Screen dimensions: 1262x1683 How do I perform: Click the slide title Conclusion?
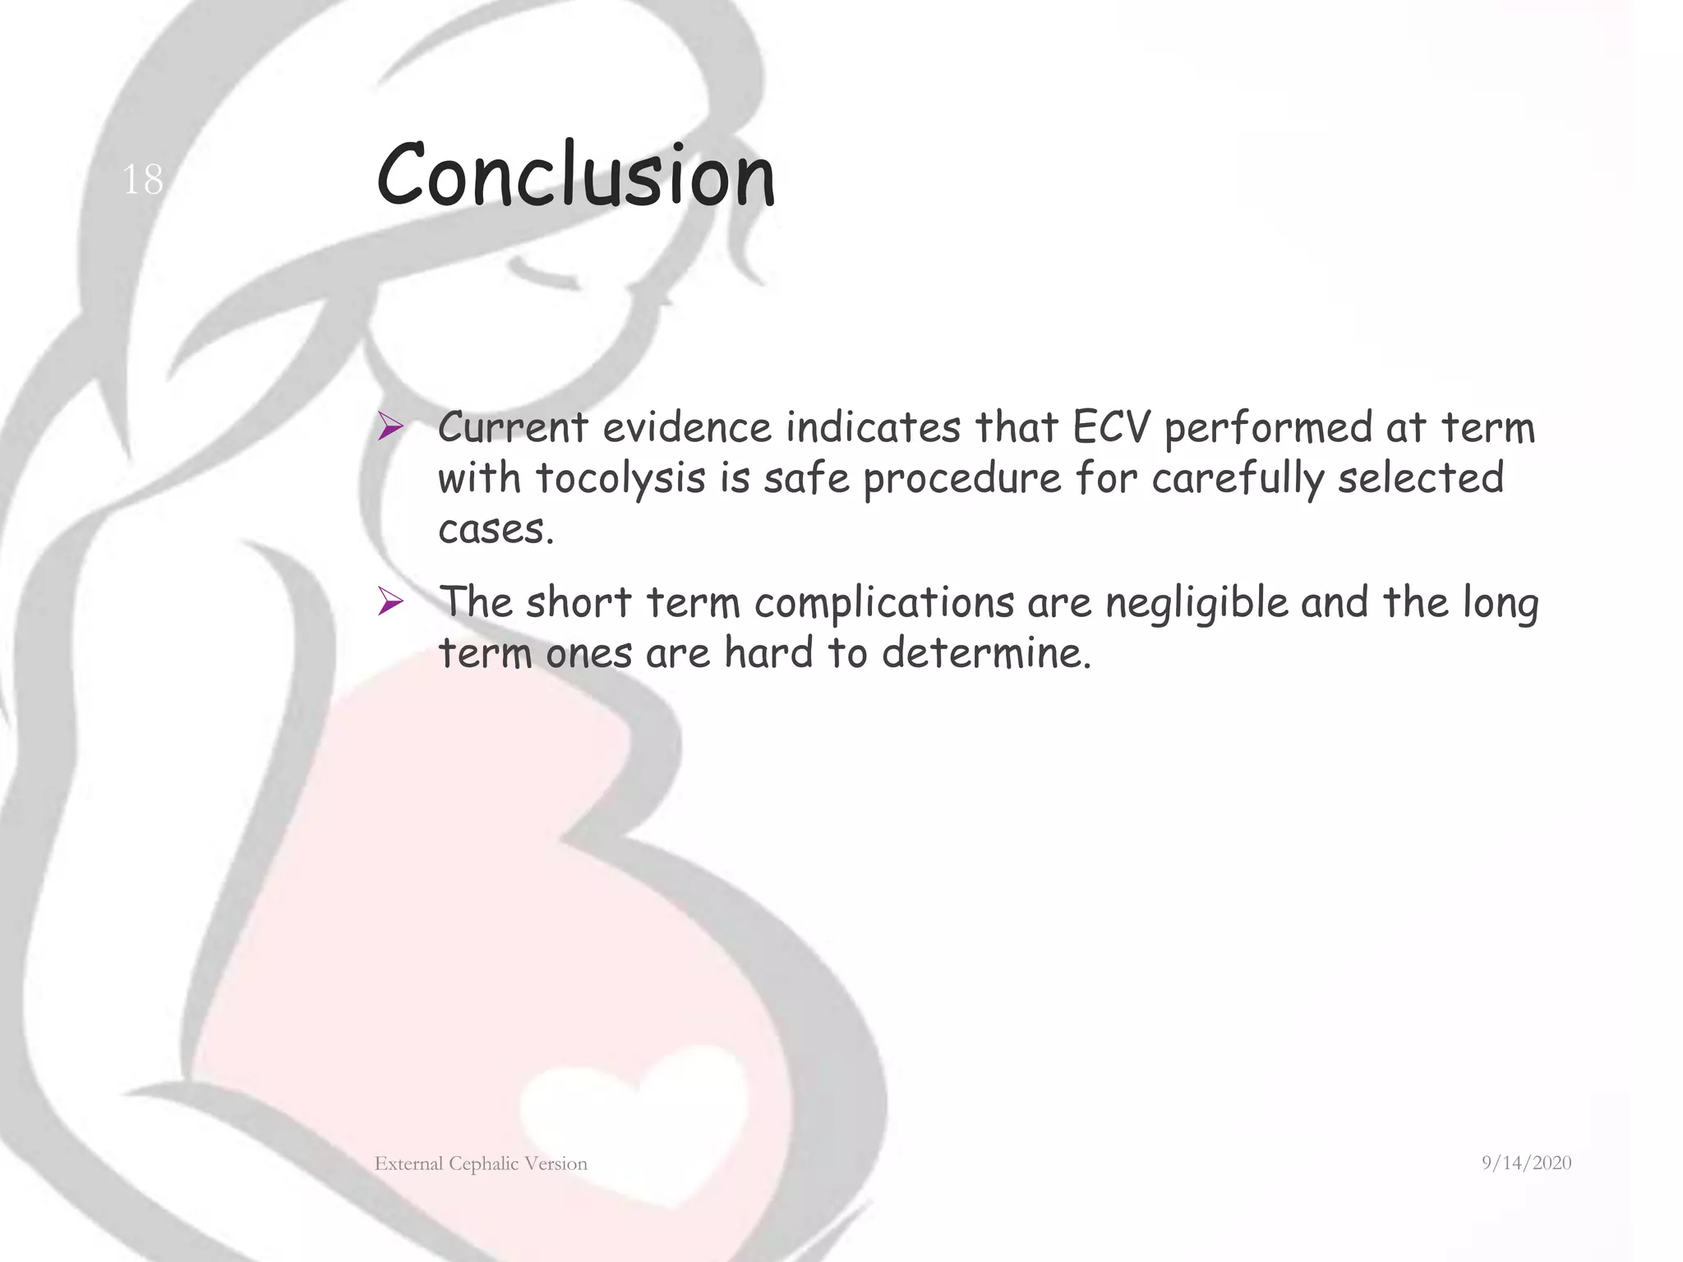[575, 175]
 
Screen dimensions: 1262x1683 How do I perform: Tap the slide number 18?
[142, 179]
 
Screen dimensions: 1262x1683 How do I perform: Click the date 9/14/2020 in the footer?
[1526, 1163]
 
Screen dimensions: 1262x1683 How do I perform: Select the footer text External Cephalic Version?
[481, 1163]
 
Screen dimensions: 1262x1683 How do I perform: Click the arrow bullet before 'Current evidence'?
[390, 427]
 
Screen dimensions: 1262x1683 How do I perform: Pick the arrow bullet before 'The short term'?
[390, 602]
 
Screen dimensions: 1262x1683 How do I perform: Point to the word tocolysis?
[620, 478]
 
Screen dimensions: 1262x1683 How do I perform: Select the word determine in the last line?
[986, 653]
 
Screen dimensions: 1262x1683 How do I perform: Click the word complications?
[884, 603]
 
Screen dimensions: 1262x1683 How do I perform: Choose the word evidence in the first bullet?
[687, 427]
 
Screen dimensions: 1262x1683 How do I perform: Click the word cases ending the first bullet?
[496, 529]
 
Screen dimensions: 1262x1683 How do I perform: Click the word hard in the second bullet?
[768, 653]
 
